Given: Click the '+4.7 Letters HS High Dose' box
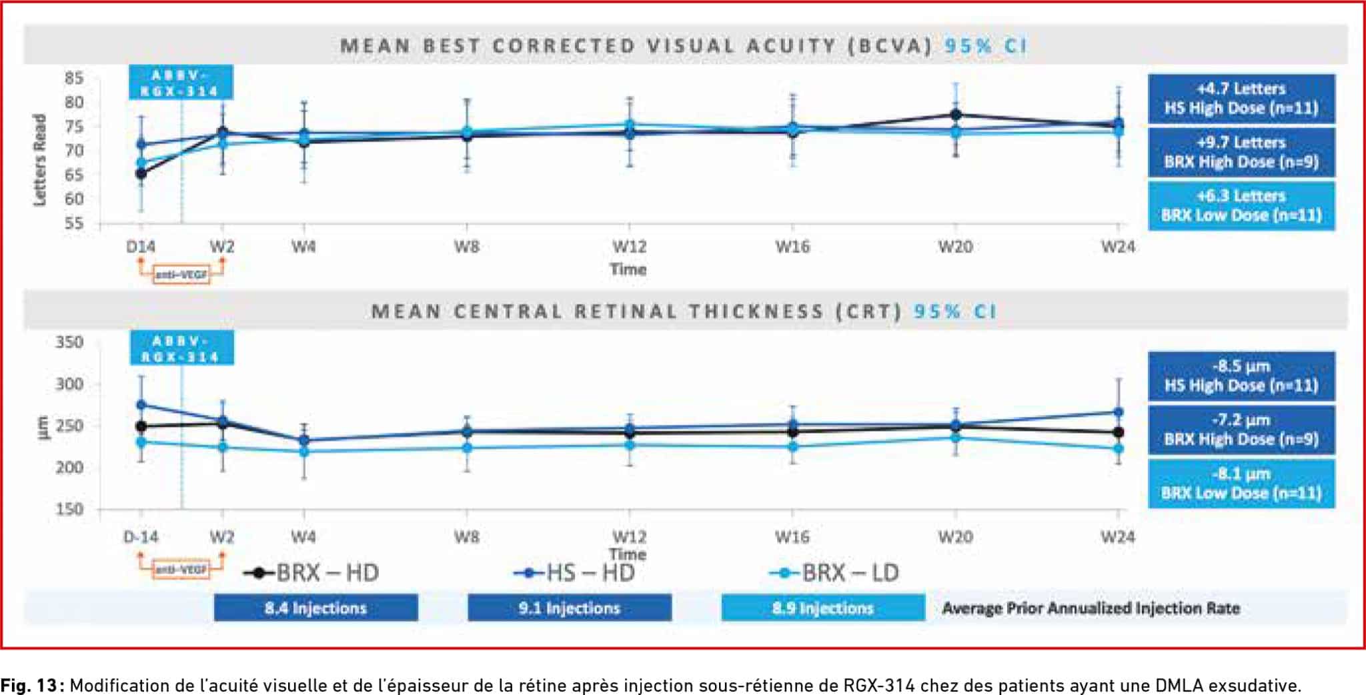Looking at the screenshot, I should [x=1241, y=99].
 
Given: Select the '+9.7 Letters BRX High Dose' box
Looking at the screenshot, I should [x=1241, y=152].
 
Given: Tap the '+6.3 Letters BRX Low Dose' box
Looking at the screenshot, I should [x=1241, y=205].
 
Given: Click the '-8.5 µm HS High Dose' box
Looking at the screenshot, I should [x=1241, y=376].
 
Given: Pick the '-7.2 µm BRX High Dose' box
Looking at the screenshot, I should [x=1241, y=430].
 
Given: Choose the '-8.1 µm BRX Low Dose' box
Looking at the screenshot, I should [x=1241, y=484].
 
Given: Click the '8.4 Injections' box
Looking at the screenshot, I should [x=315, y=608].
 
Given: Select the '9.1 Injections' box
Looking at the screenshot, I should [x=569, y=608].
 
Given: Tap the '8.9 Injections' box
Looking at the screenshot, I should [x=822, y=608].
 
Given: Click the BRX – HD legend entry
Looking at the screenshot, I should [x=312, y=573].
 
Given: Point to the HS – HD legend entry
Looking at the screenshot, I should [x=575, y=573].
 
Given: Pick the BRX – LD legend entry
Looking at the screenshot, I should [x=834, y=573].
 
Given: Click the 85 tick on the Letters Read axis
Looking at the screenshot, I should [x=74, y=79].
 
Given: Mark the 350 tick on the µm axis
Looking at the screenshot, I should [x=69, y=342].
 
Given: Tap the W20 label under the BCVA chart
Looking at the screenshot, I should [x=955, y=247].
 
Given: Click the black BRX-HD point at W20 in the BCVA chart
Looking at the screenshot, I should [x=955, y=115].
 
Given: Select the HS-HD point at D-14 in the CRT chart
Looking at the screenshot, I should [x=141, y=405].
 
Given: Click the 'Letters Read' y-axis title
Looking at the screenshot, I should [x=40, y=160].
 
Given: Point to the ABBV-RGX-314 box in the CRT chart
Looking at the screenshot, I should [x=181, y=349].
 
